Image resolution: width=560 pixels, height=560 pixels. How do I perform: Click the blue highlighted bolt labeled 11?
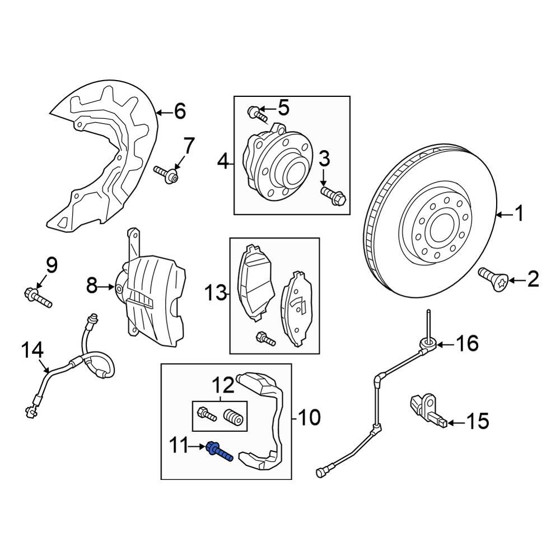[220, 450]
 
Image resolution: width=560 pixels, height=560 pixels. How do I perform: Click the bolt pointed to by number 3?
[334, 195]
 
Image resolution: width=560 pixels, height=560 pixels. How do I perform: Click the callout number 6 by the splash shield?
[179, 112]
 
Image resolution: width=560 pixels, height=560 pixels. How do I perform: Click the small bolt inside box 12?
[206, 416]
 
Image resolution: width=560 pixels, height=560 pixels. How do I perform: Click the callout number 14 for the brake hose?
[32, 351]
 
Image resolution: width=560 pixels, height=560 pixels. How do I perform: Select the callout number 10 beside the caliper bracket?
[309, 417]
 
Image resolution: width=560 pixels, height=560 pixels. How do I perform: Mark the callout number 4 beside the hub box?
[223, 163]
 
